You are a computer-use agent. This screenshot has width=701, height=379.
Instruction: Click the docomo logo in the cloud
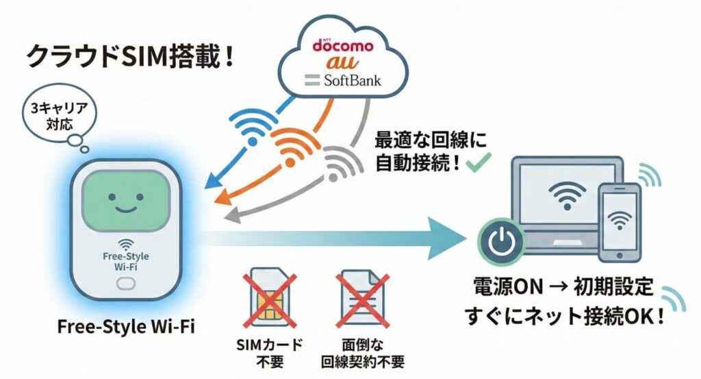[343, 47]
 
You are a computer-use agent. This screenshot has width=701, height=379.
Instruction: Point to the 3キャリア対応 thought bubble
[55, 118]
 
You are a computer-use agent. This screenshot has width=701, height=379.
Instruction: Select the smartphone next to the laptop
[620, 222]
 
